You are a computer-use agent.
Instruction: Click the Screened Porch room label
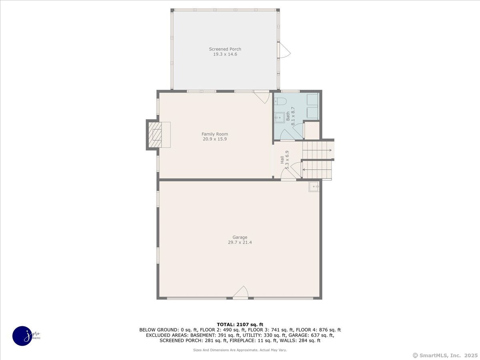(225, 49)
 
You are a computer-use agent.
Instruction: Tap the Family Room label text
(214, 134)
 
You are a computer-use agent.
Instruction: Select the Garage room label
(240, 237)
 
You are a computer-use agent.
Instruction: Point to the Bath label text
(288, 116)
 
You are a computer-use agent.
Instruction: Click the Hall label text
(282, 160)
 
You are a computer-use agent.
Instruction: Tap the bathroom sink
(279, 118)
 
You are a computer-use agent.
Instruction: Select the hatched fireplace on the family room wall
(155, 135)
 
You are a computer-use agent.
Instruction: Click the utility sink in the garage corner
(314, 186)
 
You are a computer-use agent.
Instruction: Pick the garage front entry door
(240, 292)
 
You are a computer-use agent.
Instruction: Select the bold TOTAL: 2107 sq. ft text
(240, 324)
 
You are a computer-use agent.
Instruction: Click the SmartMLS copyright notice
(445, 355)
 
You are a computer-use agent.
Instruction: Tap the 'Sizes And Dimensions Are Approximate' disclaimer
(240, 350)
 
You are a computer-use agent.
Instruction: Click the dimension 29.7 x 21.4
(240, 242)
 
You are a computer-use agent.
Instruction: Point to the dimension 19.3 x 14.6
(225, 54)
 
